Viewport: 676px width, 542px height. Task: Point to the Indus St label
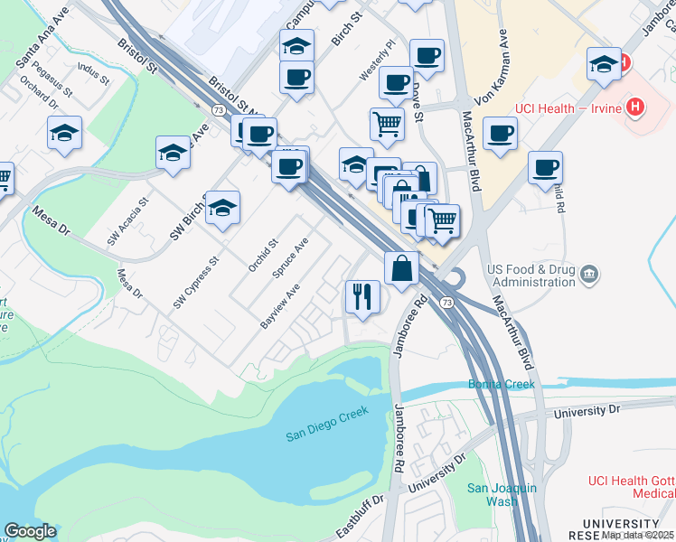click(x=93, y=74)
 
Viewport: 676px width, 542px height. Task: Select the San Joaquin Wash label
click(x=502, y=494)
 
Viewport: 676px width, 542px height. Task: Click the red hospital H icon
click(x=637, y=107)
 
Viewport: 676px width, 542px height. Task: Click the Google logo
click(x=30, y=531)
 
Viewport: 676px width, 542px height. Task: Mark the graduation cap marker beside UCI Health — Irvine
click(x=604, y=64)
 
